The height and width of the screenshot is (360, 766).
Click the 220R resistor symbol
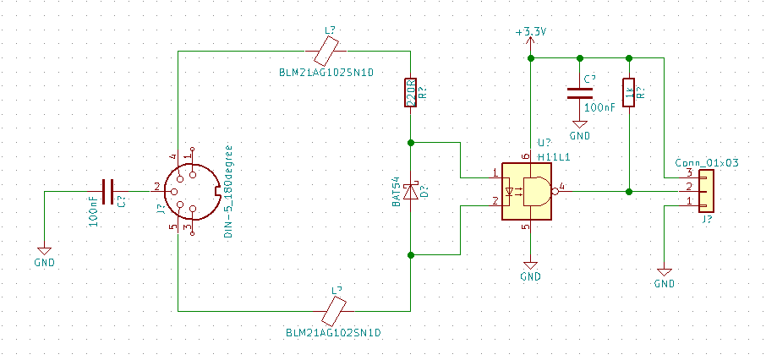(x=410, y=93)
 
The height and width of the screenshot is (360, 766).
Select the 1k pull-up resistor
(x=629, y=93)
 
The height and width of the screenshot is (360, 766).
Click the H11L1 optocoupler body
(x=527, y=191)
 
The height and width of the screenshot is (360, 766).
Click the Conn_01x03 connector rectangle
(x=706, y=191)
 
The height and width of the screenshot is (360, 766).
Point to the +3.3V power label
(x=530, y=33)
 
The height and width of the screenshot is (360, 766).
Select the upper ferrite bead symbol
(x=326, y=52)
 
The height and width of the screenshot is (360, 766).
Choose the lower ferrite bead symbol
(x=333, y=311)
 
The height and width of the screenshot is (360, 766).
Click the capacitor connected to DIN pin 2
(x=108, y=192)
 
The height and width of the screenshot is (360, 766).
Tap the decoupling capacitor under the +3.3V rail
(x=580, y=93)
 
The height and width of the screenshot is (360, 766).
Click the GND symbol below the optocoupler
(x=530, y=265)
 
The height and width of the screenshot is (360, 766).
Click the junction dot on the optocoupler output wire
(x=629, y=192)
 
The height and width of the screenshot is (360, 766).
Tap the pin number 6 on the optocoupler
(x=525, y=156)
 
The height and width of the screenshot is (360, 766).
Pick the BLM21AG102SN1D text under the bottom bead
(x=333, y=333)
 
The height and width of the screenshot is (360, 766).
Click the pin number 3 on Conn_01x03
(x=689, y=172)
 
